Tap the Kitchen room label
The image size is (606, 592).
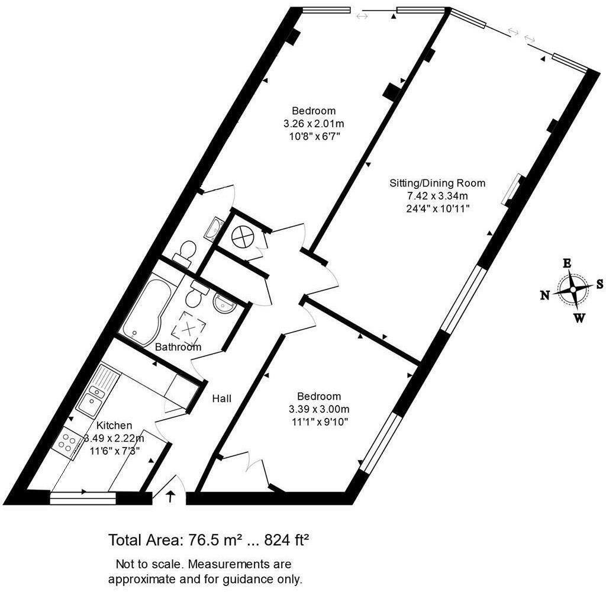tap(114, 425)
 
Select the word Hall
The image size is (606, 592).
tap(222, 398)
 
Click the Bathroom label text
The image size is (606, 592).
tap(178, 347)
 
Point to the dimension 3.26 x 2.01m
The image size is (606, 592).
tap(314, 124)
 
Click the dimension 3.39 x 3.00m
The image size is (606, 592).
tap(319, 409)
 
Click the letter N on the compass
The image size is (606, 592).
tap(545, 295)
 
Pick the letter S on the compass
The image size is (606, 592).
tap(599, 284)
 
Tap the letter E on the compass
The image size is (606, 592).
tap(566, 263)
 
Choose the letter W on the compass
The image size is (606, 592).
tap(579, 318)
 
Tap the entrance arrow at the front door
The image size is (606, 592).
tap(172, 496)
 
